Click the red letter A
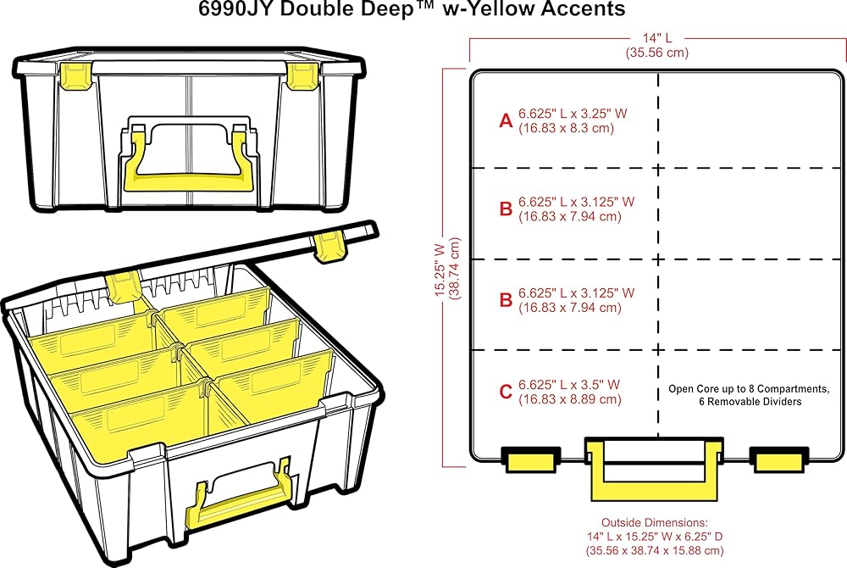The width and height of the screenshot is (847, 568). click(x=506, y=121)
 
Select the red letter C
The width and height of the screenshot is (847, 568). click(x=506, y=392)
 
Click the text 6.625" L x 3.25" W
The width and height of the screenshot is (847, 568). click(x=577, y=114)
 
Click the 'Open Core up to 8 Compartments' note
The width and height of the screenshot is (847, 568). click(x=748, y=389)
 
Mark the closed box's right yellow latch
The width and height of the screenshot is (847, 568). click(x=302, y=75)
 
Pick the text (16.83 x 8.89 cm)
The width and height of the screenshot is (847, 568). click(x=570, y=398)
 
